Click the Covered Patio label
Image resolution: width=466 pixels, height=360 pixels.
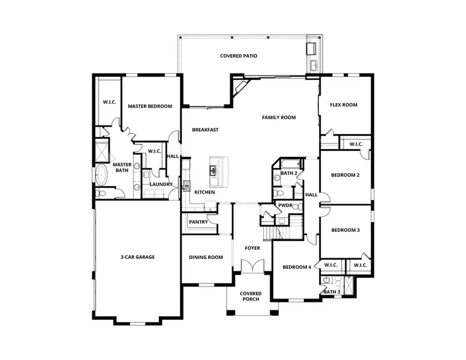tap(239, 56)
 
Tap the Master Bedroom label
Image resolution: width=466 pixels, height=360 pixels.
tap(150, 106)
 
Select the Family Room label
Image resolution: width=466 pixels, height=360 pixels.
tap(279, 118)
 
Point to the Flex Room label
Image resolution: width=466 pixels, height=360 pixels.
tap(344, 105)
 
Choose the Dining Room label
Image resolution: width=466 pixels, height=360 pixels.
tap(206, 257)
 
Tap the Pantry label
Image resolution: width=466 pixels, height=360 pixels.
tap(198, 222)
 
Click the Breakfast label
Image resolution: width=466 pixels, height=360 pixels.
tap(205, 130)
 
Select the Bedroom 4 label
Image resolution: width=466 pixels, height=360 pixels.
tap(297, 267)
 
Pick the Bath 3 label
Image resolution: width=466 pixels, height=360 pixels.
tap(332, 292)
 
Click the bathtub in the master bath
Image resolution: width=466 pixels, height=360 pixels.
tap(100, 176)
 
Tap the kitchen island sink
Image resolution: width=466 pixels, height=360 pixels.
tap(213, 169)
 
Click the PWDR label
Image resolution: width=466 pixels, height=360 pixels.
tap(285, 206)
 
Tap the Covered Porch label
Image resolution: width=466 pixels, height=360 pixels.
tap(251, 296)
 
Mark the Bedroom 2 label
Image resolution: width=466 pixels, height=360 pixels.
tap(345, 175)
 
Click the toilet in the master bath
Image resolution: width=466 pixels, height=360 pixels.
tap(101, 193)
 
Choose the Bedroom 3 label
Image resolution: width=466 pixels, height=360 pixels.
tap(345, 230)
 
